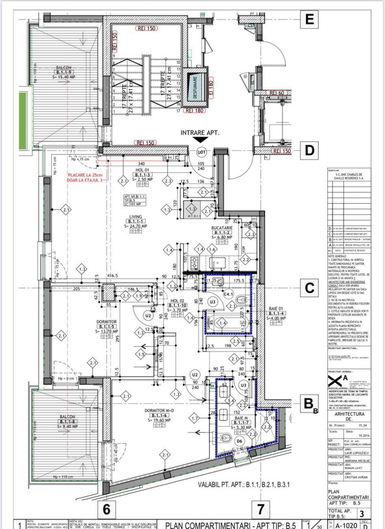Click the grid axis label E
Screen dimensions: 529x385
point(309,19)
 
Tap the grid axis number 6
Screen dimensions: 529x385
point(106,509)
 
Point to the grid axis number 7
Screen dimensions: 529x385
point(261,509)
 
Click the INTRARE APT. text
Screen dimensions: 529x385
point(200,133)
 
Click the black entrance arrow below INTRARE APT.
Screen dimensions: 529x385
point(200,140)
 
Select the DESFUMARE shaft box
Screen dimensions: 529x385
point(195,87)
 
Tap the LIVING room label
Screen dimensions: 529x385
point(136,217)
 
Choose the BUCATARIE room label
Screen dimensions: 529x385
point(222,228)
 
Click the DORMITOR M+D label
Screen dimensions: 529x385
point(159,411)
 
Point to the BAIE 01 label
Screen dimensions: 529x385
point(276,309)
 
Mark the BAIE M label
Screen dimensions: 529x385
point(241,418)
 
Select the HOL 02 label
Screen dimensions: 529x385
point(177,301)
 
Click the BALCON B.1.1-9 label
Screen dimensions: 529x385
point(64,68)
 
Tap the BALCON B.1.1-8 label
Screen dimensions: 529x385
point(67,417)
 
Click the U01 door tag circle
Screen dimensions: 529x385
point(201,153)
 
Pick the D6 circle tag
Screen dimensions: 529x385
point(239,441)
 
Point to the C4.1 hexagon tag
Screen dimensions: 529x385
point(228,294)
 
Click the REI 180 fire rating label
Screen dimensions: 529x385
point(194,110)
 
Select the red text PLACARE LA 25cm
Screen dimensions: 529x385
point(85,175)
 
